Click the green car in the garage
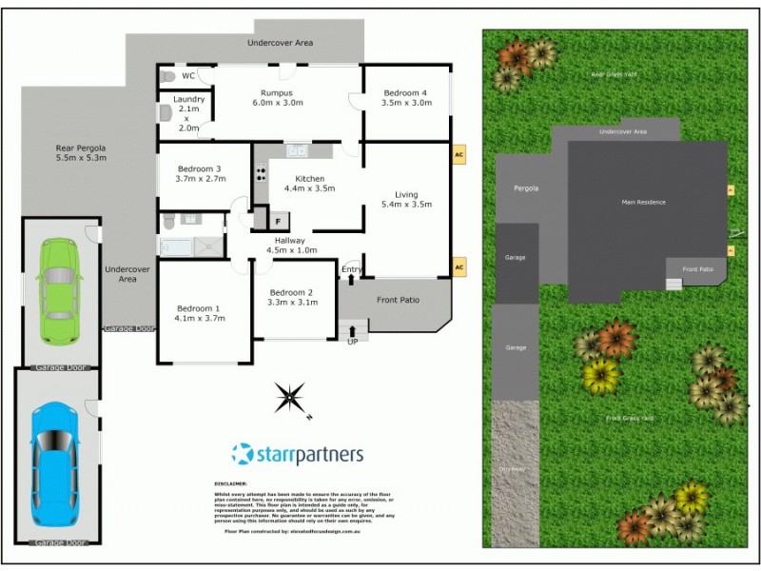[58, 291]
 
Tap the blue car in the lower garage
[55, 464]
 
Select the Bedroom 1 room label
[198, 308]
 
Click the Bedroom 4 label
[405, 92]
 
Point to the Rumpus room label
[276, 92]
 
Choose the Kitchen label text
[310, 178]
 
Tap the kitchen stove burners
[260, 173]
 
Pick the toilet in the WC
[167, 75]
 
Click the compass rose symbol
[290, 397]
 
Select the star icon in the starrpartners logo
[244, 454]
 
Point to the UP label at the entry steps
[352, 341]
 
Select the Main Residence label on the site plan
[644, 202]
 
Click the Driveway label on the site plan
[512, 467]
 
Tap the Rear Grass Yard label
[612, 73]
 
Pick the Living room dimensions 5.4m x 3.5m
[406, 205]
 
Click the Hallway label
[289, 241]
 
